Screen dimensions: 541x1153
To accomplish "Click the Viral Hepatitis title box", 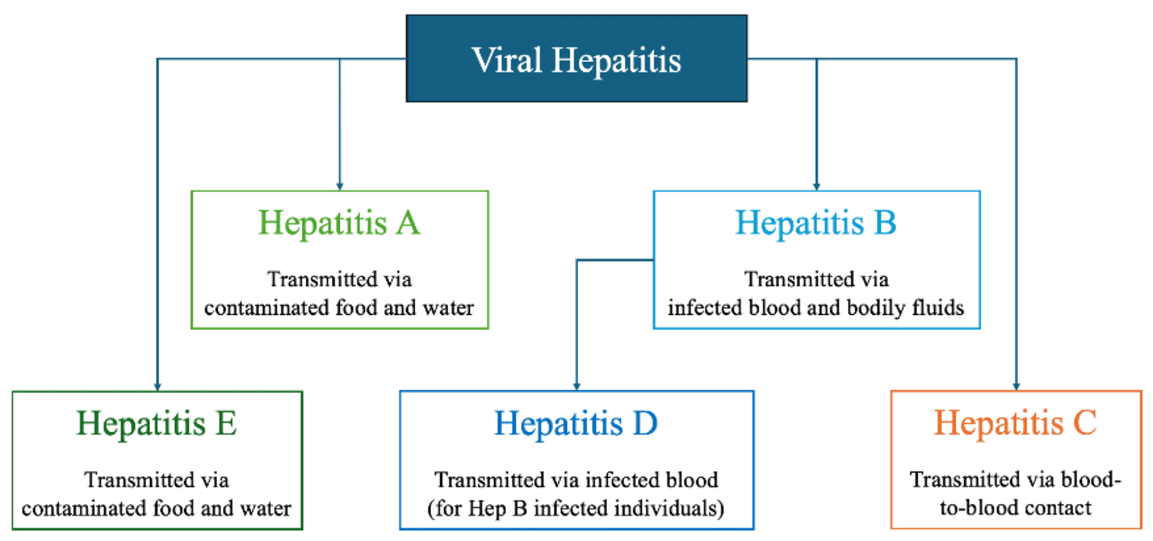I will [x=576, y=58].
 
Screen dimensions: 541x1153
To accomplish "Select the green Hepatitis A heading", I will [x=339, y=223].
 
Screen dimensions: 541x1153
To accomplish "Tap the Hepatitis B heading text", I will [x=816, y=223].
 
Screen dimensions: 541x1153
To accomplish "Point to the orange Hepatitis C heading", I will [x=1015, y=423].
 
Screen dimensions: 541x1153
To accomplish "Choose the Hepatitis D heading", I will [x=576, y=423].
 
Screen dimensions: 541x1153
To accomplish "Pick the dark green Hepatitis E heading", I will [x=157, y=423].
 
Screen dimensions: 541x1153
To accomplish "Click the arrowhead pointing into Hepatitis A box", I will [x=340, y=186].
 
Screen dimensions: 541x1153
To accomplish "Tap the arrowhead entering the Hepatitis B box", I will [x=817, y=186].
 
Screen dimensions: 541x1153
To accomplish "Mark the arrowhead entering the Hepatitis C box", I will [x=1016, y=387].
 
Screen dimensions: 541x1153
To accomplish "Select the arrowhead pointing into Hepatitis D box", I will [x=576, y=387].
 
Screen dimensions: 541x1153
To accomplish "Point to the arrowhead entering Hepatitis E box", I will [x=157, y=387].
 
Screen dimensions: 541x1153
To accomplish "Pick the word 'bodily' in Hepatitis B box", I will [x=876, y=308].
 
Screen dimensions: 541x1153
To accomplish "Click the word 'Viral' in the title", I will [x=507, y=60].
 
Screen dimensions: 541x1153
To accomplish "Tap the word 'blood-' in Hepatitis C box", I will [x=1091, y=479].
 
